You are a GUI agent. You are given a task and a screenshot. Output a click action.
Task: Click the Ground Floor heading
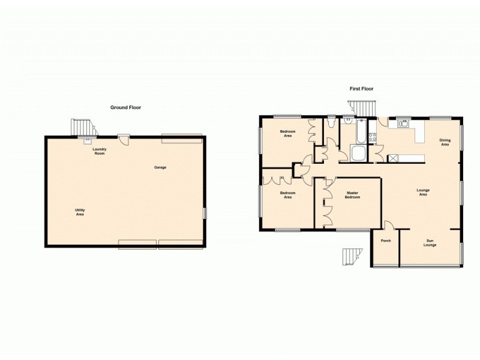tap(125, 107)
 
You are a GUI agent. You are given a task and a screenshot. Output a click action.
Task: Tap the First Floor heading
tap(362, 89)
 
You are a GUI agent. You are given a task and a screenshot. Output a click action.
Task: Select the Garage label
tap(160, 167)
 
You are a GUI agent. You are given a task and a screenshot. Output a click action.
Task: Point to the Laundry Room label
tap(99, 152)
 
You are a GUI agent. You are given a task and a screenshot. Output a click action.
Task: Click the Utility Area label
tap(80, 212)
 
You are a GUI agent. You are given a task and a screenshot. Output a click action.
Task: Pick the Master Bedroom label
tap(352, 195)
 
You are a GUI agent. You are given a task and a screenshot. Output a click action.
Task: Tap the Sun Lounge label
tap(430, 243)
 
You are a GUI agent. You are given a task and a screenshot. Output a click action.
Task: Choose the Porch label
tap(386, 241)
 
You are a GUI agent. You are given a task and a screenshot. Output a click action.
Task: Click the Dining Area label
tap(445, 142)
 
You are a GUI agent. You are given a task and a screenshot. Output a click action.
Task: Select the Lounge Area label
tap(423, 193)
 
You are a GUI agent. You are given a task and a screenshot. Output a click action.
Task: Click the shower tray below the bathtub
tap(358, 154)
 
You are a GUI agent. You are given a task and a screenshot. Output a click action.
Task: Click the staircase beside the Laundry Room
tap(83, 127)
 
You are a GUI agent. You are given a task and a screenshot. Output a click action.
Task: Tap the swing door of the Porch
tap(388, 225)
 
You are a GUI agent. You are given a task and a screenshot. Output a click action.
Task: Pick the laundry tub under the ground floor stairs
tap(88, 142)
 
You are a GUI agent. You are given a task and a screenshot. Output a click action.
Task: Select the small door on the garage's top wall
tap(124, 138)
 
